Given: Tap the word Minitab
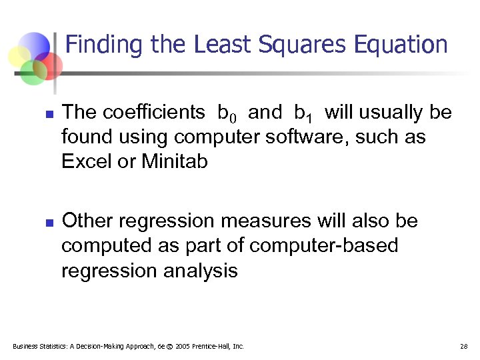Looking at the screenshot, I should [x=175, y=162].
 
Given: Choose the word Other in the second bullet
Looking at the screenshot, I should [x=87, y=221].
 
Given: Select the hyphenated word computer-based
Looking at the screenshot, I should [x=324, y=245].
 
